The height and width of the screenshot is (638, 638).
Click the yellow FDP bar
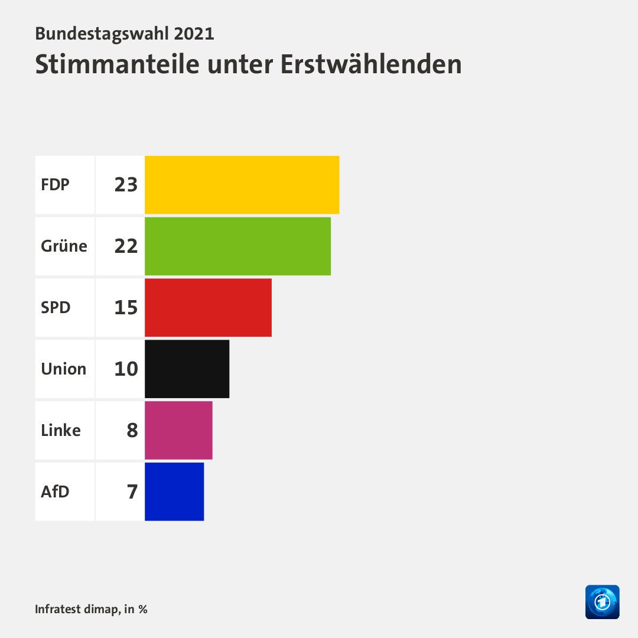(242, 185)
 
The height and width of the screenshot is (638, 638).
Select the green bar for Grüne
(237, 246)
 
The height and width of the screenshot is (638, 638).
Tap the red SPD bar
(208, 308)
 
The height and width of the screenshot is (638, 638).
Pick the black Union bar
(187, 369)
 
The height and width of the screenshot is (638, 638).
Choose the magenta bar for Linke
(178, 431)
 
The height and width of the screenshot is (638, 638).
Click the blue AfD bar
(174, 492)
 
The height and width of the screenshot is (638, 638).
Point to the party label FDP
(55, 185)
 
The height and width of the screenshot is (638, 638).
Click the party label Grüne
(64, 246)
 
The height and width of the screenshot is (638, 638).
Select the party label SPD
(56, 308)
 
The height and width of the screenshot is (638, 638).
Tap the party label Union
(63, 369)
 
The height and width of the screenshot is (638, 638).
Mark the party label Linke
(60, 431)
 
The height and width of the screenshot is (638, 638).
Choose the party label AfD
(55, 492)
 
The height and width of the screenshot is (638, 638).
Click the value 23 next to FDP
(126, 185)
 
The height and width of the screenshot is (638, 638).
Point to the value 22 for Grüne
(126, 246)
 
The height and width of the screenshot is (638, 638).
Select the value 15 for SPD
(126, 308)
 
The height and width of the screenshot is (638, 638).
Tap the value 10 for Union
(126, 369)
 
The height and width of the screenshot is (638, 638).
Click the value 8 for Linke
(132, 431)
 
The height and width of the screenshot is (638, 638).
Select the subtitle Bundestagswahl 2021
(125, 33)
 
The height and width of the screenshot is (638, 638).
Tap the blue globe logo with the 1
(602, 602)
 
